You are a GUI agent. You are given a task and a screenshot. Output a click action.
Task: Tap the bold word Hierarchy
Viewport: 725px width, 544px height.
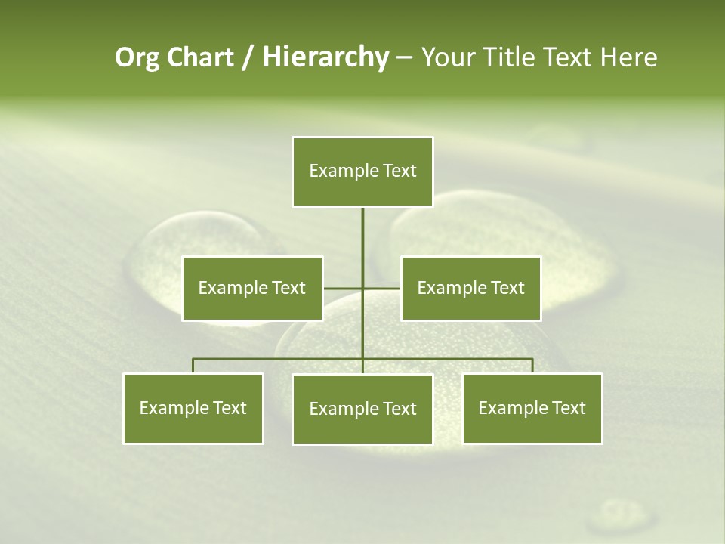coord(325,57)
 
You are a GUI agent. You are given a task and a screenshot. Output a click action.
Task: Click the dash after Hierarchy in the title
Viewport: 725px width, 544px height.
coord(404,57)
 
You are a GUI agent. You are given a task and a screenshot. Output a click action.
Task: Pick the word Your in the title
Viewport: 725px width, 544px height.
coord(447,57)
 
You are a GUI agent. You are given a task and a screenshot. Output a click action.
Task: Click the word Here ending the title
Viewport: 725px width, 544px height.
coord(629,57)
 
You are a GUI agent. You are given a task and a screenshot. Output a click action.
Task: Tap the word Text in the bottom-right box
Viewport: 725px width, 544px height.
coord(568,408)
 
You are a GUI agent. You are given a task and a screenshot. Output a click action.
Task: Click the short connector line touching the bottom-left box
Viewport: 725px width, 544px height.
coord(193,366)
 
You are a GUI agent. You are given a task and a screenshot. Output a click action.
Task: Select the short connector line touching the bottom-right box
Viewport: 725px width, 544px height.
coord(532,366)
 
